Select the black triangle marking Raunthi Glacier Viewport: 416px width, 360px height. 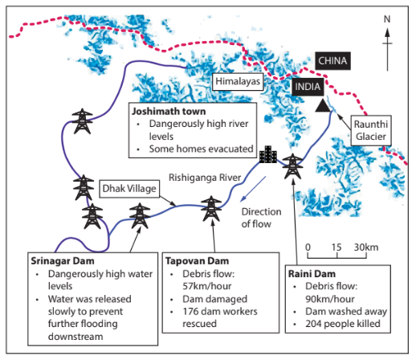pos(322,106)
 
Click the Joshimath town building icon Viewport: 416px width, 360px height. pos(267,153)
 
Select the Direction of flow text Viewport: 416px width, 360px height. pos(260,217)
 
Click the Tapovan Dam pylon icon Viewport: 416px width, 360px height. pos(211,209)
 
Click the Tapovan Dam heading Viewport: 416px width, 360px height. pos(198,261)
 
